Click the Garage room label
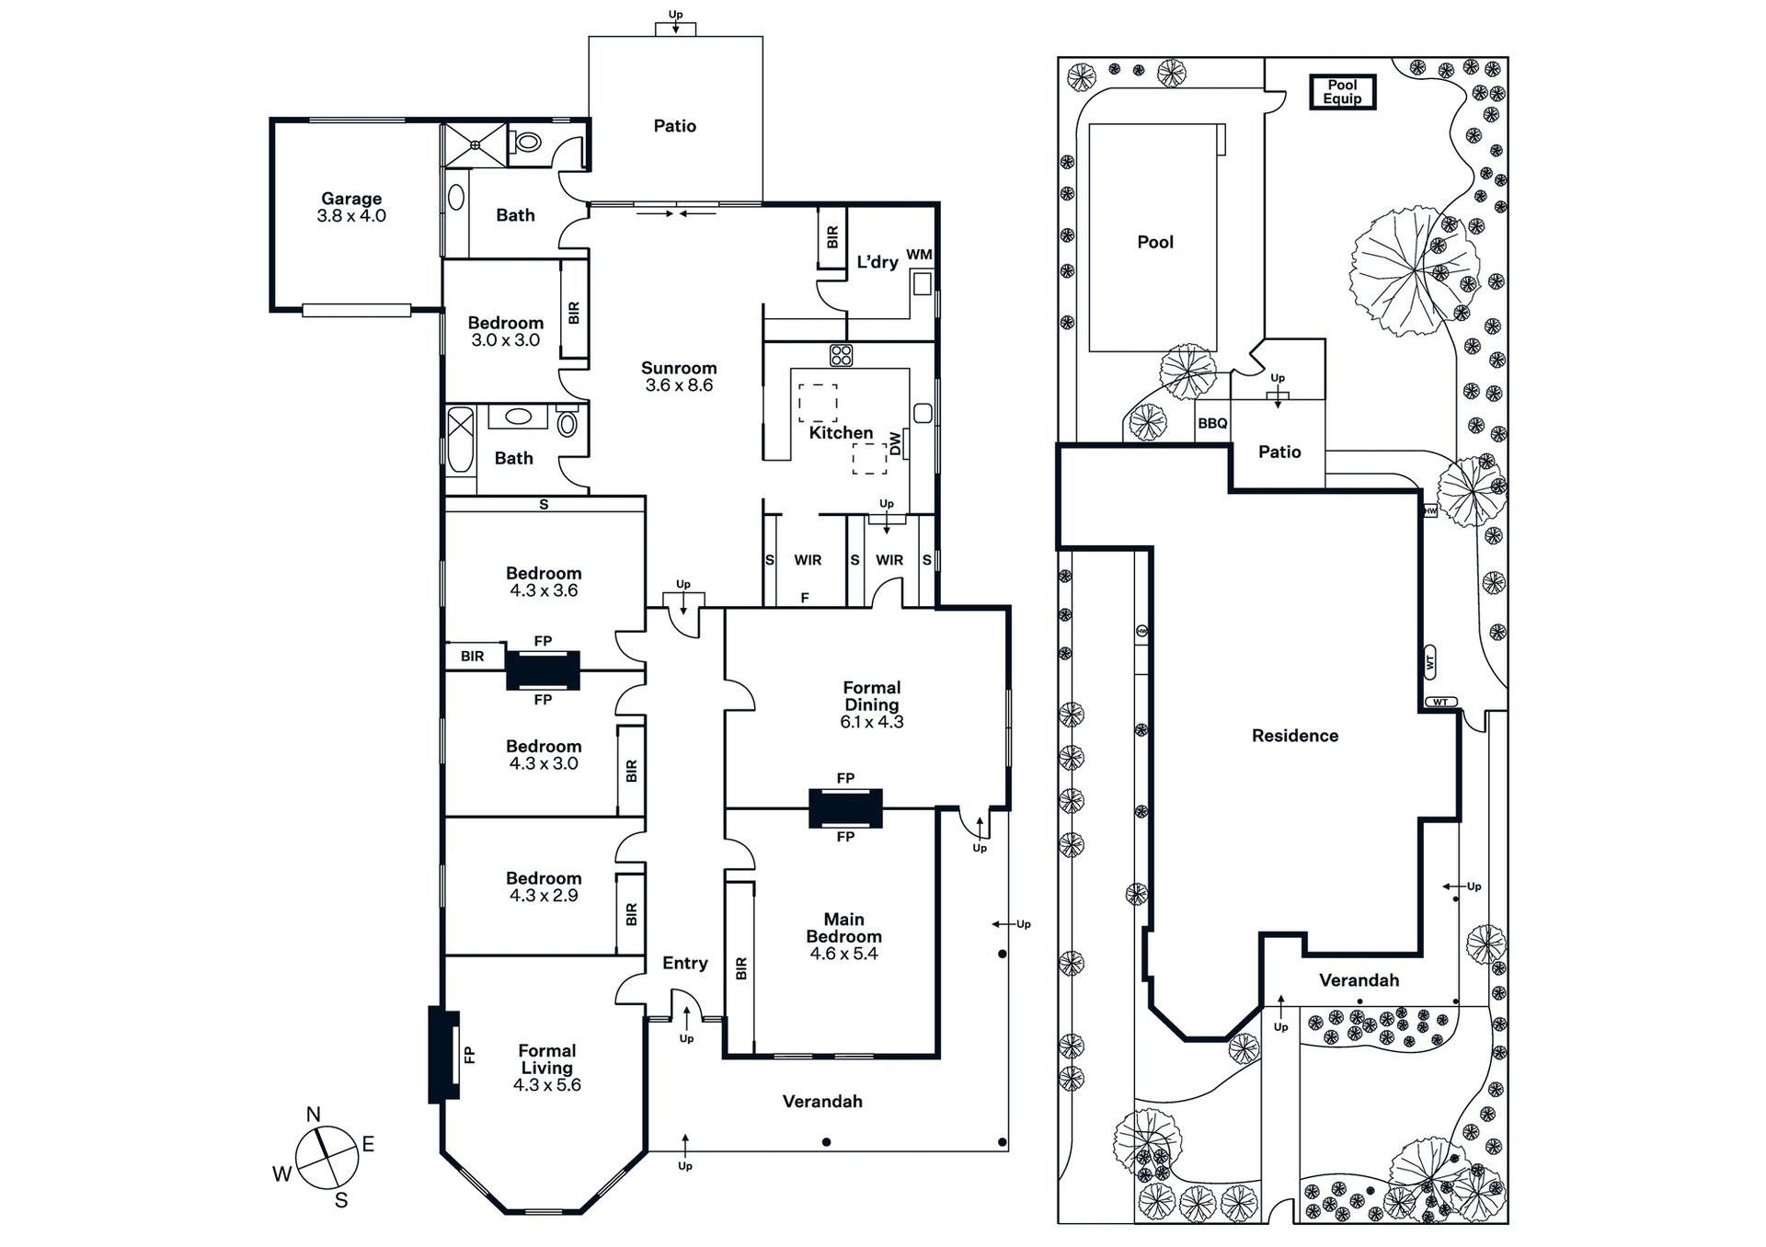[351, 199]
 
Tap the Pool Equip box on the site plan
[1343, 92]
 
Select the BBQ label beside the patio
[1212, 424]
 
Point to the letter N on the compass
[314, 1115]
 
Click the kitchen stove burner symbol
[841, 355]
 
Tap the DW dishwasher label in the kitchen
[895, 444]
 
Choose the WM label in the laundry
[919, 255]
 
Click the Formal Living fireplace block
[444, 1055]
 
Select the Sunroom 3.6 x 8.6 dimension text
[679, 385]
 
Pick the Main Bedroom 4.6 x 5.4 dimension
[844, 954]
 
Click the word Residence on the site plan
[1295, 736]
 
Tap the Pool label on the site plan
[1155, 242]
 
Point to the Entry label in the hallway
[685, 963]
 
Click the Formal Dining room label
[872, 696]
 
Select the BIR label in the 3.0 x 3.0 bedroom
[575, 313]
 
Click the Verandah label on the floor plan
[822, 1102]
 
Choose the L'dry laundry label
[877, 262]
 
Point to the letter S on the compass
[341, 1200]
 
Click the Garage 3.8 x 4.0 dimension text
[351, 216]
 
